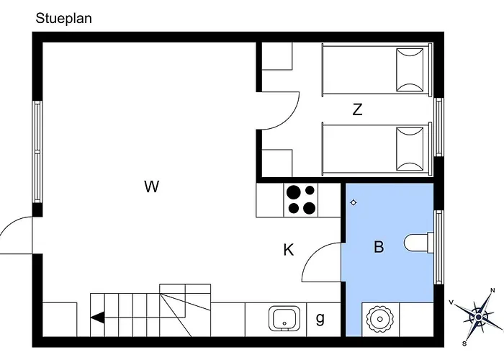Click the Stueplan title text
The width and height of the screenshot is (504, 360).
point(63,18)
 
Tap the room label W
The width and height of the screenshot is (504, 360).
point(151,186)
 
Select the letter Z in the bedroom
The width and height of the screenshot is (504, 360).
point(357,109)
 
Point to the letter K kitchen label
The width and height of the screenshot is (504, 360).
point(288,250)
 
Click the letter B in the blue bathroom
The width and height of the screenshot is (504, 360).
point(379,247)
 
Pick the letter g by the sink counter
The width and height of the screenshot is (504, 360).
point(320,318)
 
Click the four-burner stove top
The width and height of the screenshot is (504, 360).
point(301,200)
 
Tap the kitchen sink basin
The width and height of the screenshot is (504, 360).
point(284,318)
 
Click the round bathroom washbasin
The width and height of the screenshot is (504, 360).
point(380,319)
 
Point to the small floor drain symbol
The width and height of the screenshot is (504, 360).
point(354,202)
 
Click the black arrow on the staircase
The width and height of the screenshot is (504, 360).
point(98,318)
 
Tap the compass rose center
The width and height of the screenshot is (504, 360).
point(478,318)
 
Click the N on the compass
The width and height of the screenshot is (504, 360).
point(492,291)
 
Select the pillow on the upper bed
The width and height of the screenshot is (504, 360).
point(410,70)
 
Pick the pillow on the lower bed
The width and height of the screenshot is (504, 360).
point(410,149)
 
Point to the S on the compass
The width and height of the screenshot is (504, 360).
point(464,343)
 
